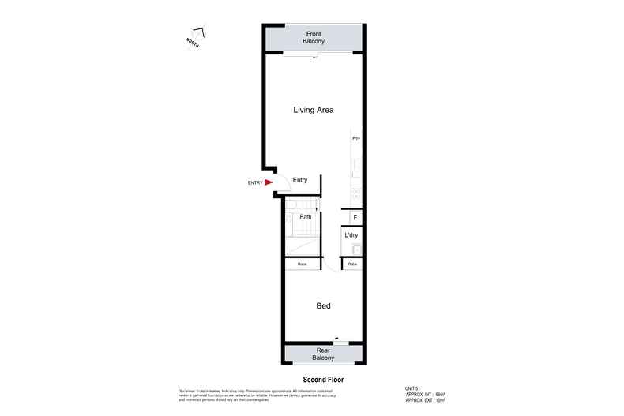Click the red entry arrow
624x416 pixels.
click(269, 182)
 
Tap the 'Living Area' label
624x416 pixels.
click(314, 110)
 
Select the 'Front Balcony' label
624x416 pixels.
click(314, 37)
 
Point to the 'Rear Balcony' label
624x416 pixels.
click(323, 354)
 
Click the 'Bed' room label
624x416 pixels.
click(323, 306)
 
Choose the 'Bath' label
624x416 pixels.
click(306, 216)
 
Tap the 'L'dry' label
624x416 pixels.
click(351, 235)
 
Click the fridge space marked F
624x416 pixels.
click(355, 217)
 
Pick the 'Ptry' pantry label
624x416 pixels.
click(356, 138)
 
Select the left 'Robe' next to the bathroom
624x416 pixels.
click(302, 264)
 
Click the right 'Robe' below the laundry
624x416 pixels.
click(352, 264)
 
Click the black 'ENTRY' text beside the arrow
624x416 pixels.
click(254, 183)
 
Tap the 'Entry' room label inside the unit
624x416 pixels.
click(300, 180)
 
